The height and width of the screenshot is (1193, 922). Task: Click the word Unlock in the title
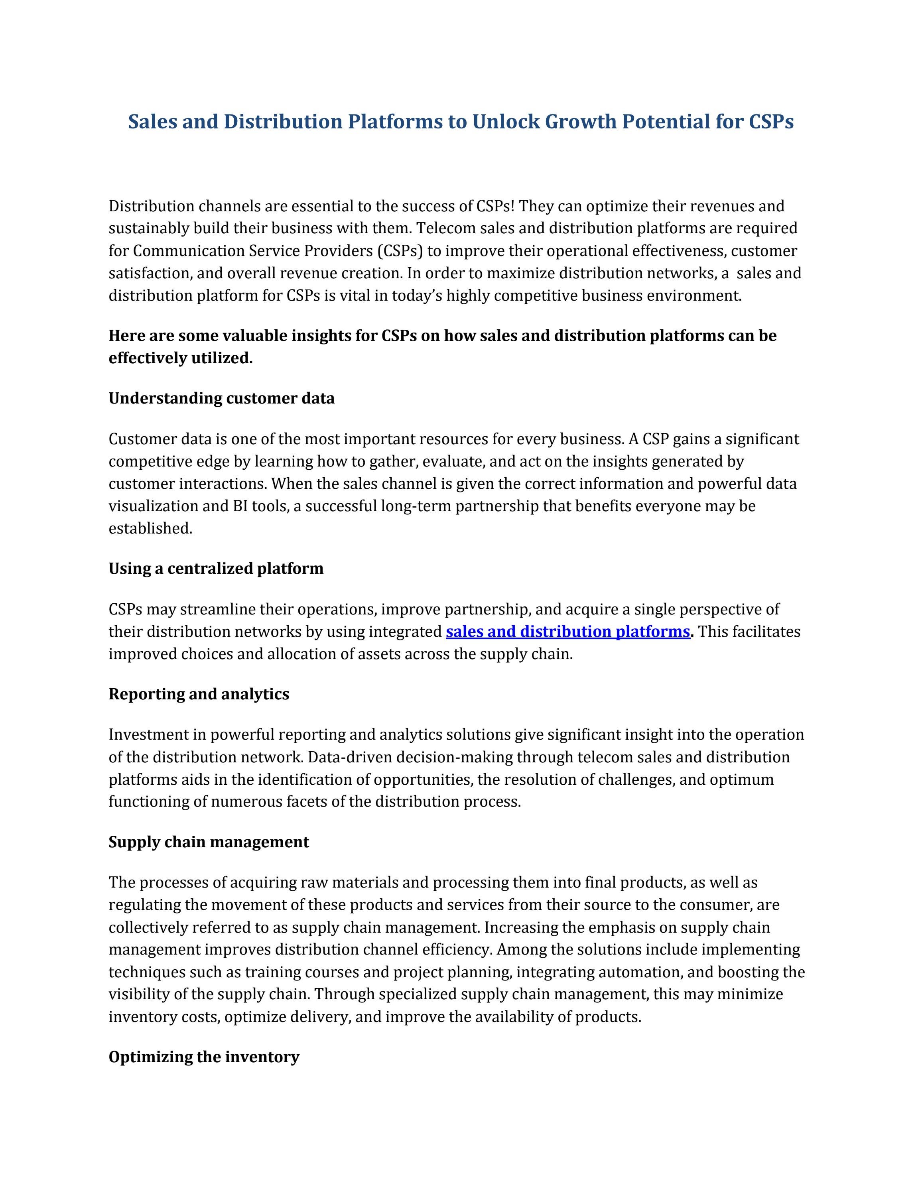click(x=506, y=121)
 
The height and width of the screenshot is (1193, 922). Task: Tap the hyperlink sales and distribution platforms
click(x=567, y=632)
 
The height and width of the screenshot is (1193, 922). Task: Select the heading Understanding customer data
click(x=221, y=398)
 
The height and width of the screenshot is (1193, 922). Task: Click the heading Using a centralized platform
click(x=216, y=569)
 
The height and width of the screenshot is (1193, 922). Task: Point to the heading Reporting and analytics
click(x=199, y=694)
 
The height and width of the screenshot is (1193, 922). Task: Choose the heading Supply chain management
click(x=209, y=842)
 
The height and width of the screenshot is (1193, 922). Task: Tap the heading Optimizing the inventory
click(x=204, y=1057)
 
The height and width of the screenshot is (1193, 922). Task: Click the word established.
click(x=150, y=529)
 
